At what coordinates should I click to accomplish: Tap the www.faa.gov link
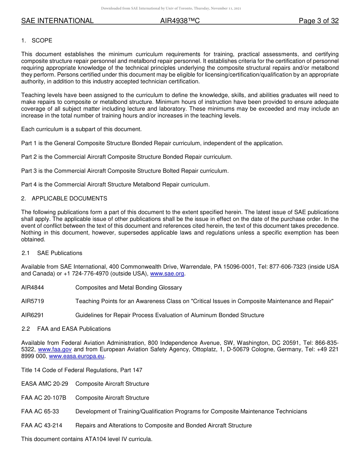tap(55, 349)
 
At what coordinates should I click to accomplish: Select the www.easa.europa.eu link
tap(77, 356)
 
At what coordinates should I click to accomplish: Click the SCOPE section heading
tap(42, 41)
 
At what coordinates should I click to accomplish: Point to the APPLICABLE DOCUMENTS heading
tap(69, 199)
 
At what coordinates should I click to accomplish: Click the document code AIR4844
tap(33, 288)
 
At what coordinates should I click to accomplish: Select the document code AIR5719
tap(33, 301)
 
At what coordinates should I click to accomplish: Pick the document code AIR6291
tap(33, 315)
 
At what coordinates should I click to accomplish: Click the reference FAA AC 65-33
tap(40, 411)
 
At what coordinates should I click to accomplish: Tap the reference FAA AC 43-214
tap(42, 425)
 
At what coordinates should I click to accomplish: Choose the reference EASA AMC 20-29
tap(45, 384)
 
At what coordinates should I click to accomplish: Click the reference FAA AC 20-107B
tap(44, 398)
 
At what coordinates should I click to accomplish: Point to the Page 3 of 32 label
tap(319, 21)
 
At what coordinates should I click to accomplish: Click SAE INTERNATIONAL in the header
tap(57, 21)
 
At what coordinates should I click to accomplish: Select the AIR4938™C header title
tap(180, 21)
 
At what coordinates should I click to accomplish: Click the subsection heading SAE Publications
tap(59, 253)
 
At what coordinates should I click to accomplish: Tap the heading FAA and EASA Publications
tap(74, 329)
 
